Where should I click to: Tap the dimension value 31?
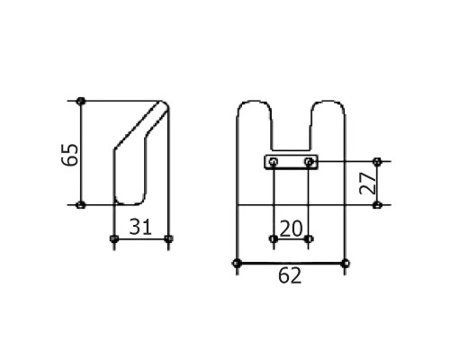[140, 227]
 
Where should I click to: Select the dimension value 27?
[368, 183]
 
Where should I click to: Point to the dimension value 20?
[291, 229]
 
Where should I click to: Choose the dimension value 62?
[290, 276]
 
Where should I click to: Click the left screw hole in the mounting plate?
[274, 162]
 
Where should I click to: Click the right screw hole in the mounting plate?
[309, 162]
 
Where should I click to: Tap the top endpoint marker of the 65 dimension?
[80, 101]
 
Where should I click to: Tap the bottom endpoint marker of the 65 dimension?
[80, 205]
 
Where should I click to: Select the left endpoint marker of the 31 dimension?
[113, 238]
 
